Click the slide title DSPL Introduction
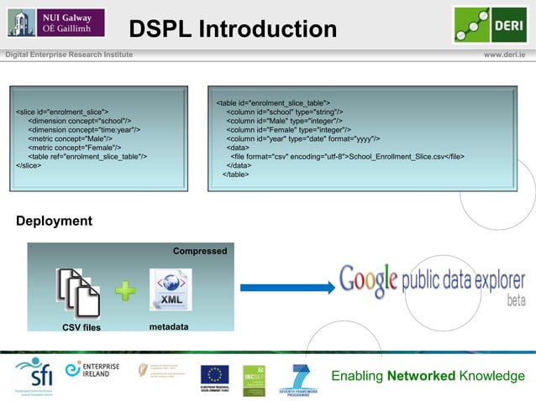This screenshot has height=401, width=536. coord(233,30)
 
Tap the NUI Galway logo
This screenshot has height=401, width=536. coord(55,23)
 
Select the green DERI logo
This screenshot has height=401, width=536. coord(490,24)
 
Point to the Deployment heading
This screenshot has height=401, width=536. coord(55,221)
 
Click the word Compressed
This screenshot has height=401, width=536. coord(199,252)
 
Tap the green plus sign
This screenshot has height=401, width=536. coord(125,291)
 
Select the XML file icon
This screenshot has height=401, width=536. coord(170,290)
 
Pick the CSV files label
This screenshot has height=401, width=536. coord(81,327)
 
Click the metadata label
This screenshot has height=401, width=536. coord(169,325)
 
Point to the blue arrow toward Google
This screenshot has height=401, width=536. coord(285,284)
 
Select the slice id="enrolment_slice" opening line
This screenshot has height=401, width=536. coord(62,112)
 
